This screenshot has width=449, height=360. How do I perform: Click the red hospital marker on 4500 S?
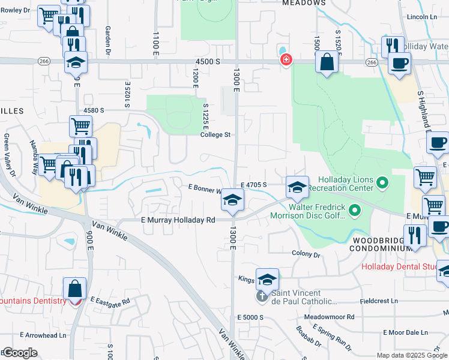pos(286,60)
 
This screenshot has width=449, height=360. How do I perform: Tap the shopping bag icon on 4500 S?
pos(326,62)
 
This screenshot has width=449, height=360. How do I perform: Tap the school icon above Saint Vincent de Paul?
pos(267,279)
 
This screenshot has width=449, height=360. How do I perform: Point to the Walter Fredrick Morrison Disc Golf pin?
pos(355,210)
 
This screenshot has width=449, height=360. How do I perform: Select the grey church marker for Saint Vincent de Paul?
pos(261,295)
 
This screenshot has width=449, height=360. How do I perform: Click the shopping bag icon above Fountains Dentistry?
pos(75,289)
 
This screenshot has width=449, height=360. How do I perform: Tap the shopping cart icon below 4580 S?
pos(80,126)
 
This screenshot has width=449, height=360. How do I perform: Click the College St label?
pos(215,135)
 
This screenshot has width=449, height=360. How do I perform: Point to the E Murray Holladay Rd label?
pos(178,220)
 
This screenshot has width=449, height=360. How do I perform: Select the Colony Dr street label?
pos(306,254)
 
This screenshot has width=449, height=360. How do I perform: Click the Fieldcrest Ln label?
pos(376,301)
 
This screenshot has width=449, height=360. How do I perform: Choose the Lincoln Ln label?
pos(421,17)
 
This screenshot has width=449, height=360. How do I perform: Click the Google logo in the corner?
pos(19,353)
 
